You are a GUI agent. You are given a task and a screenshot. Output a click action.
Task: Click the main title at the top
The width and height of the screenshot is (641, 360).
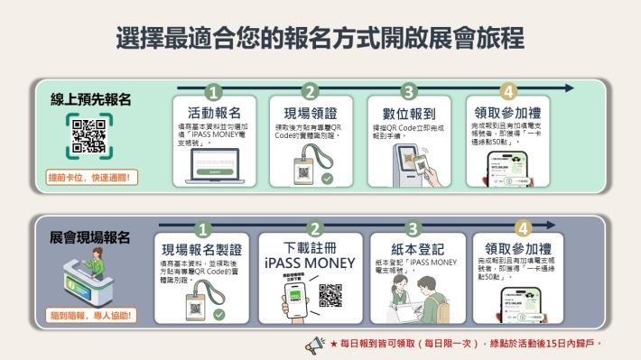click(320, 37)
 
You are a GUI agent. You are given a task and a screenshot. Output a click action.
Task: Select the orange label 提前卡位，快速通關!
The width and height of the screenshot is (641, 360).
click(89, 178)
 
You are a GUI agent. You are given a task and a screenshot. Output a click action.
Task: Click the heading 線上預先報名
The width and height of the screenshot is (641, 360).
click(89, 100)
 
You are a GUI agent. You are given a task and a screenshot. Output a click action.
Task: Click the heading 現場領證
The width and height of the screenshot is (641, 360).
click(310, 113)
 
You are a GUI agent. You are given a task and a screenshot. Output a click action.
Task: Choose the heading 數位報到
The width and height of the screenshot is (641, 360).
click(409, 113)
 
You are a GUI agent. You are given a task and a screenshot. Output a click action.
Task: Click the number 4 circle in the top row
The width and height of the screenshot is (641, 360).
click(508, 92)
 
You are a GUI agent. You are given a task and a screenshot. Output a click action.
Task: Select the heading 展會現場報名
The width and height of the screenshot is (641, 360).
click(89, 238)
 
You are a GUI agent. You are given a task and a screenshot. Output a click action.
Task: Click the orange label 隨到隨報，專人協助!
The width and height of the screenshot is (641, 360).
click(89, 317)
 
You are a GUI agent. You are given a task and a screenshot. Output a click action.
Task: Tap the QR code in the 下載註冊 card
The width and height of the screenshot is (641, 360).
click(331, 294)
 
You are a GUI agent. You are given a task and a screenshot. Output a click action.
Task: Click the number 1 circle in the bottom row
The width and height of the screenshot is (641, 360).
click(204, 228)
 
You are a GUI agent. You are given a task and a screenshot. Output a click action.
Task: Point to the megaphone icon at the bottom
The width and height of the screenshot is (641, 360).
click(315, 344)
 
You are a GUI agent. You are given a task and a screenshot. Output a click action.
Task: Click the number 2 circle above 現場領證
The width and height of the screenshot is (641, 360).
click(311, 92)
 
